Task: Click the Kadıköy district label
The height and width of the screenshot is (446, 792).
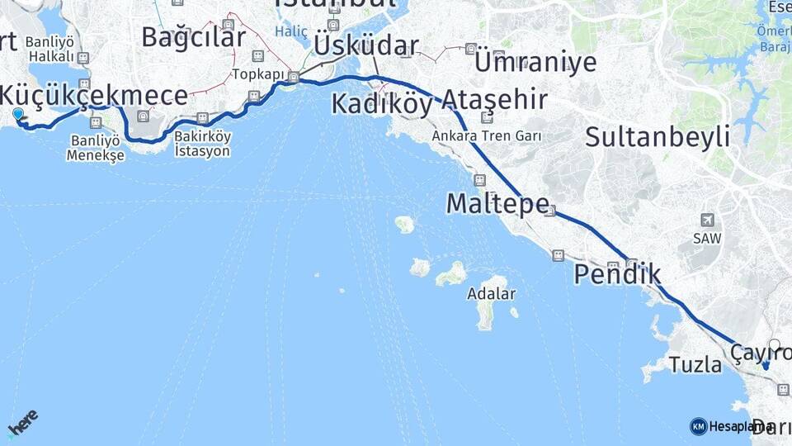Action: click(x=381, y=105)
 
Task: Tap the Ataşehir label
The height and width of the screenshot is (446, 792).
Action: click(x=493, y=101)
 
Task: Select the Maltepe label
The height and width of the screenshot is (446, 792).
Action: click(x=497, y=203)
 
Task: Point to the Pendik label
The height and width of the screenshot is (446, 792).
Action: click(x=617, y=274)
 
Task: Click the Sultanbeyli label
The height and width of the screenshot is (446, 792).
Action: click(x=658, y=136)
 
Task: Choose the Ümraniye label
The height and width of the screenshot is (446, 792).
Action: click(x=535, y=61)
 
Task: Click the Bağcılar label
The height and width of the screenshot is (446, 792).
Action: click(x=193, y=37)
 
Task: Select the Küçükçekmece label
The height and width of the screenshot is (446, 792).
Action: click(x=93, y=95)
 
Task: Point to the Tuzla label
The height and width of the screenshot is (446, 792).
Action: click(x=695, y=364)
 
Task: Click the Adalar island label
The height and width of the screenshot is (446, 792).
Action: click(x=491, y=293)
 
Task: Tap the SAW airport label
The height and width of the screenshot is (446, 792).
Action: click(x=707, y=239)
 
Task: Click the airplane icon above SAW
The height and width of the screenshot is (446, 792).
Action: click(x=707, y=220)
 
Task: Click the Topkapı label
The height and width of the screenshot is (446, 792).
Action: click(x=252, y=74)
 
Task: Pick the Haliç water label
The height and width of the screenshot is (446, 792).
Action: click(x=291, y=32)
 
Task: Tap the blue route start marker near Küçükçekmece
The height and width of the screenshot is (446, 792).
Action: click(x=18, y=115)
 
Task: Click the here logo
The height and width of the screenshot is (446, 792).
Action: click(x=22, y=422)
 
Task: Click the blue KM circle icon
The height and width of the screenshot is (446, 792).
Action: click(x=698, y=426)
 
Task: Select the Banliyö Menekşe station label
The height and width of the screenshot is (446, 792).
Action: click(x=96, y=148)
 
